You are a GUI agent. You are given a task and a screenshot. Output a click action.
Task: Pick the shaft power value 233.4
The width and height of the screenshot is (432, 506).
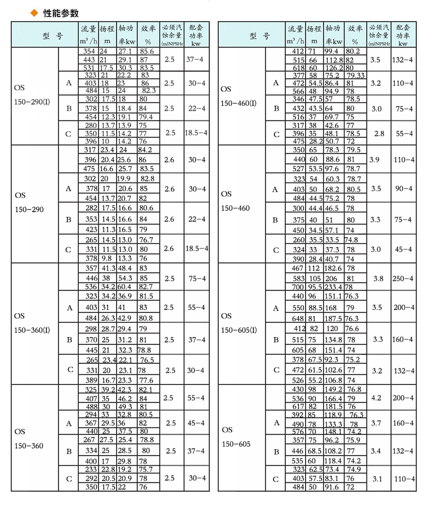click(334, 287)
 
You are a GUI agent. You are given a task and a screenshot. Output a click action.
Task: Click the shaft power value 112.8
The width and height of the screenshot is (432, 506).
click(334, 59)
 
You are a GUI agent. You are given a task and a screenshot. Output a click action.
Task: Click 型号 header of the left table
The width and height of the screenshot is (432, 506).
click(52, 36)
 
